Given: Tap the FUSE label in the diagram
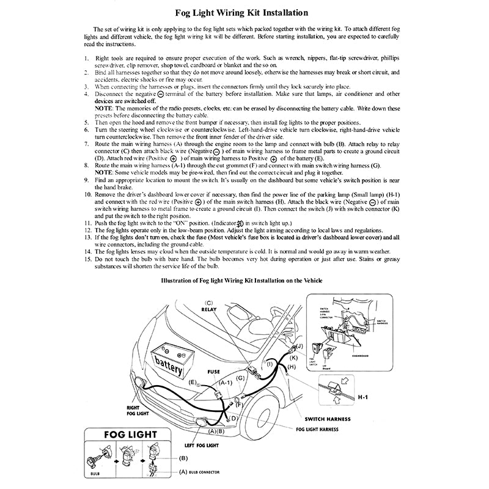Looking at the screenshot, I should point(213,371).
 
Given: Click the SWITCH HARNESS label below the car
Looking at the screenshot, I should point(328,419).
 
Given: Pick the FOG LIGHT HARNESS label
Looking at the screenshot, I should point(317,429).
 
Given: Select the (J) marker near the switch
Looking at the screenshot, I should point(300,346).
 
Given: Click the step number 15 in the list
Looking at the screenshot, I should point(88,259).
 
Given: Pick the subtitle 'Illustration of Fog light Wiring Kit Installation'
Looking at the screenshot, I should point(241,281).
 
